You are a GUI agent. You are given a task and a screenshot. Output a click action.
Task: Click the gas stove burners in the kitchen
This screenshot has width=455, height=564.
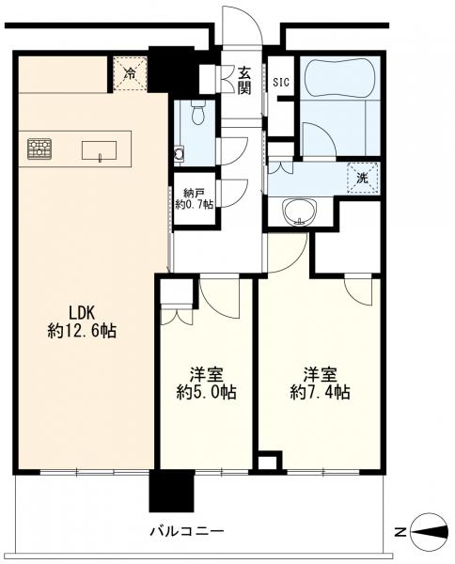point(39,149)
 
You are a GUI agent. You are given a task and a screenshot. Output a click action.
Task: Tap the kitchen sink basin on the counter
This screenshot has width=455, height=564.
point(100,150)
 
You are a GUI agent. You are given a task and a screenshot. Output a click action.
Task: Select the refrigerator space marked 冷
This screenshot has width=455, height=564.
point(131,74)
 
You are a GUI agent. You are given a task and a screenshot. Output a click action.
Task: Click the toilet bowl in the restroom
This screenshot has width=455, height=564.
point(197,113)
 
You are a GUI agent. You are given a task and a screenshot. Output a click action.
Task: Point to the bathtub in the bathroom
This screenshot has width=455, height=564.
point(340,78)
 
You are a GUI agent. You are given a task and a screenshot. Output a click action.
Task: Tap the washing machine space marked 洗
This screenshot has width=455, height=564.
point(363,178)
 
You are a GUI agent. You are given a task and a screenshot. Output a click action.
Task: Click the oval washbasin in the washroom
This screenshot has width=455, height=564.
point(300,212)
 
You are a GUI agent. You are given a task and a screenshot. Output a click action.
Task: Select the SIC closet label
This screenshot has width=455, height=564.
point(281,83)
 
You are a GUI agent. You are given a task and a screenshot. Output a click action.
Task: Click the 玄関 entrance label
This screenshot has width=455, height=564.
point(244,81)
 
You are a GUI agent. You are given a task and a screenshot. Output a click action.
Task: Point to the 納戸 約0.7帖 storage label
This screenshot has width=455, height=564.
point(195,199)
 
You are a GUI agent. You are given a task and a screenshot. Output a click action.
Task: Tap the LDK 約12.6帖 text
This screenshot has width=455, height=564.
point(82,321)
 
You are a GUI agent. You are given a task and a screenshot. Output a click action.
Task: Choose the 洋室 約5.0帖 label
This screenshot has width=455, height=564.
point(206,384)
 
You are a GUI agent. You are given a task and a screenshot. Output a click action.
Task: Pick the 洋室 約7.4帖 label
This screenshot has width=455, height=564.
point(321,384)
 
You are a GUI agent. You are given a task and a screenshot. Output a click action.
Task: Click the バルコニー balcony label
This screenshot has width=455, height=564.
point(187,531)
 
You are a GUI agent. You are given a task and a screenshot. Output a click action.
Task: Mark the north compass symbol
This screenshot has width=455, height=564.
point(430,532)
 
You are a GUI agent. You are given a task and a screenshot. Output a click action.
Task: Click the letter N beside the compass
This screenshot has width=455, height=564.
point(400,532)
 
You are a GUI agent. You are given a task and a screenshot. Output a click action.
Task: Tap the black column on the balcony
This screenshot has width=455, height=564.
point(172,491)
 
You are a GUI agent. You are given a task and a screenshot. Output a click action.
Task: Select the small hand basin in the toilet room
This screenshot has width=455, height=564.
point(179,153)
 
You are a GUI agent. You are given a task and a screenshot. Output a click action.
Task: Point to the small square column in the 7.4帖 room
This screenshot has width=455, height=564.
point(268,462)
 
